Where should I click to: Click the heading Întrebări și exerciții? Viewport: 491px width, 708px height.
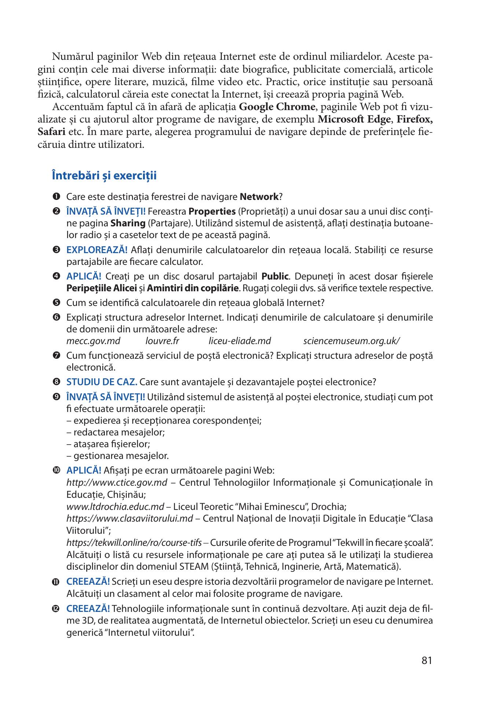[104, 176]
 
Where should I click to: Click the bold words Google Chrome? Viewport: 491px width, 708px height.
[277, 107]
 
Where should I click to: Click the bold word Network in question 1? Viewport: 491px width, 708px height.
[259, 197]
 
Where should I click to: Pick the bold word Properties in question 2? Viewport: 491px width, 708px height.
[212, 212]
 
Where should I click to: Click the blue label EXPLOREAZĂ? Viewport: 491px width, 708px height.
[97, 250]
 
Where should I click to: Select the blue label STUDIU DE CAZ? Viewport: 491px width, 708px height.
[102, 382]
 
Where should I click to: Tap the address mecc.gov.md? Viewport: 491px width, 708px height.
[93, 341]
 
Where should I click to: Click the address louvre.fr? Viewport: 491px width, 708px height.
[162, 341]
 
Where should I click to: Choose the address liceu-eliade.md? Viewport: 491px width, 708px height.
[240, 341]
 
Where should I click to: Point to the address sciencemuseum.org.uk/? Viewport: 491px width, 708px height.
[351, 341]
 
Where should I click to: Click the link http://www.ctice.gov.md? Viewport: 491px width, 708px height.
[117, 482]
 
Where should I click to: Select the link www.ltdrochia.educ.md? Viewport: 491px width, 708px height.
[115, 507]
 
